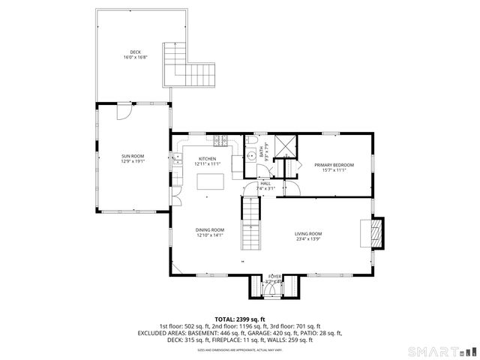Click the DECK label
pyautogui.click(x=135, y=52)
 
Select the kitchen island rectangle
pyautogui.click(x=211, y=181)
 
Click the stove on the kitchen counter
pyautogui.click(x=220, y=140)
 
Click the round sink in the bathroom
pyautogui.click(x=251, y=157)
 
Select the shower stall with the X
pyautogui.click(x=284, y=145)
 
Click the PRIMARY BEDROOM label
pyautogui.click(x=334, y=165)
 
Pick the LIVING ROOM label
pyautogui.click(x=307, y=234)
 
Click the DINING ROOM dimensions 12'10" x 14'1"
pyautogui.click(x=210, y=235)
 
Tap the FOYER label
pyautogui.click(x=275, y=277)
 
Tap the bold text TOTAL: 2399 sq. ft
pyautogui.click(x=240, y=319)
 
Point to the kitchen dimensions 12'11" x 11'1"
pyautogui.click(x=207, y=164)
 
